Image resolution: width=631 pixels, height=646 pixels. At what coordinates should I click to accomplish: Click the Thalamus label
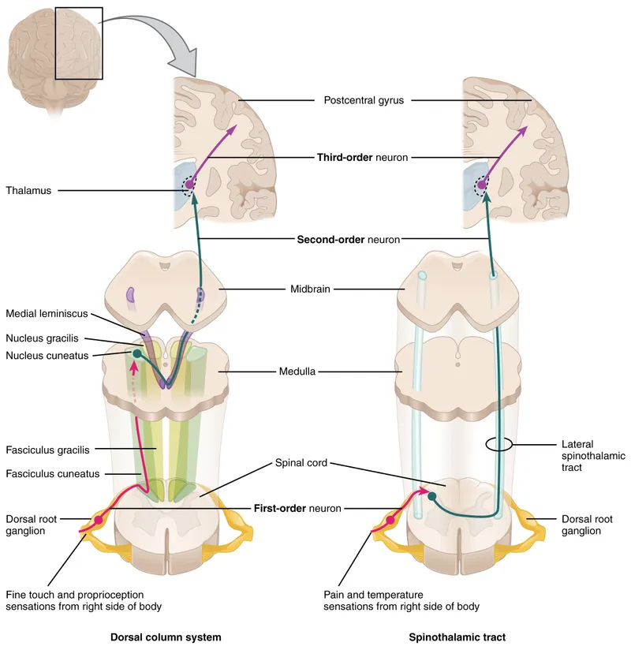[x=28, y=190]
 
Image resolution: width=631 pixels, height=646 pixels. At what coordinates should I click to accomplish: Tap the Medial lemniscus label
[x=47, y=313]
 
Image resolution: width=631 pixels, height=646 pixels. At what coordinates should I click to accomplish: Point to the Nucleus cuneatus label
[x=46, y=356]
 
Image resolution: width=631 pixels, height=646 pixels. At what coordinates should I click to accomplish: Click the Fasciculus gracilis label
[x=47, y=450]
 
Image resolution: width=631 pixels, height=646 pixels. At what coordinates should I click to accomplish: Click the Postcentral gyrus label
[x=363, y=100]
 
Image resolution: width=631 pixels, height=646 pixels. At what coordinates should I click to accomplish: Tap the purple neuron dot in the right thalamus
[x=481, y=186]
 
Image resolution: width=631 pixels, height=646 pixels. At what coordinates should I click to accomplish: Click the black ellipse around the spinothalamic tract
[x=498, y=445]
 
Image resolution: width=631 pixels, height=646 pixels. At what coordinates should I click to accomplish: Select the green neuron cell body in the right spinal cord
[x=432, y=496]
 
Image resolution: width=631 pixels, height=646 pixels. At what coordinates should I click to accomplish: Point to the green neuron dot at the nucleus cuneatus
[x=137, y=354]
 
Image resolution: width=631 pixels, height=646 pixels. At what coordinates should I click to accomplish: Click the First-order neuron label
[x=297, y=509]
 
